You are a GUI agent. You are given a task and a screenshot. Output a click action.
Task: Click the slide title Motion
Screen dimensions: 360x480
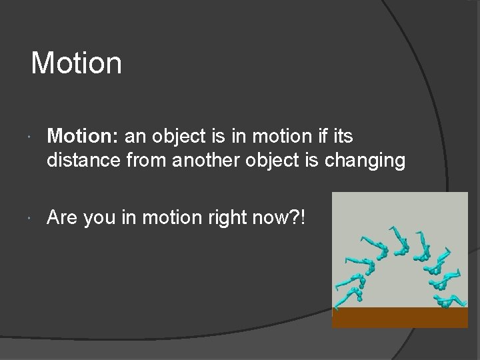77,63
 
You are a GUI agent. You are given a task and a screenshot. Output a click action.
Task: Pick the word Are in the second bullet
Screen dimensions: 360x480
61,218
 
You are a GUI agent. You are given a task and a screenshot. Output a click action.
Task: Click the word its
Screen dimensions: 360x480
342,137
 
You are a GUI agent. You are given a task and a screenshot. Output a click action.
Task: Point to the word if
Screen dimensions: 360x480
319,137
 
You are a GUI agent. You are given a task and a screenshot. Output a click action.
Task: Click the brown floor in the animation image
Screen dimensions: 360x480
400,317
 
